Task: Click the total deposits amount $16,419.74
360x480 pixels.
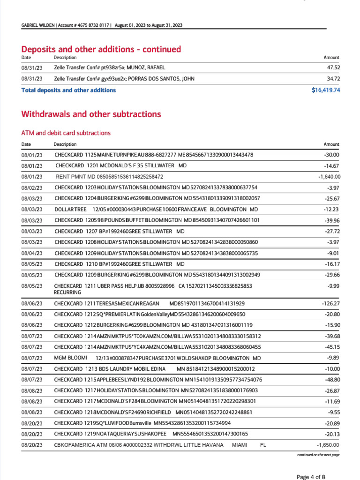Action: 325,90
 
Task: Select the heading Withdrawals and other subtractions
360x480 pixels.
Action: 91,114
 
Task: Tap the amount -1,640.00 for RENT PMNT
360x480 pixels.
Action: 329,177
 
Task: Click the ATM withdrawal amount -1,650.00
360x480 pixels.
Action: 328,445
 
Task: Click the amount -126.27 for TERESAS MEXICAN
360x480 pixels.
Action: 330,303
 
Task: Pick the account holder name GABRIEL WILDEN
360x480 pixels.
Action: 37,25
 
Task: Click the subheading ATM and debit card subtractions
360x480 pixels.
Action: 66,133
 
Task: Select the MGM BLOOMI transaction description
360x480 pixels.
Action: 157,358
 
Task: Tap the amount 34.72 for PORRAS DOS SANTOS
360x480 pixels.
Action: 333,79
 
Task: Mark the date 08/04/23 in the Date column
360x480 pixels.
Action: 31,253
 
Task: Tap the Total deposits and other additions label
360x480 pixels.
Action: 68,90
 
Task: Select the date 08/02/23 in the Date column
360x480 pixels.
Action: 31,187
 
